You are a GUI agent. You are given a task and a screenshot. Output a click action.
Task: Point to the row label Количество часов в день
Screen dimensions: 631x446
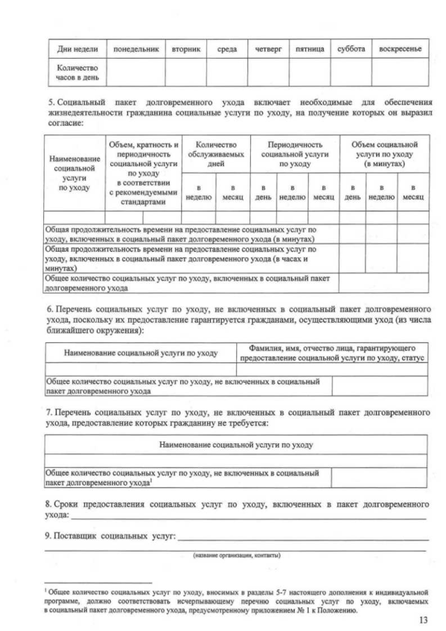(77, 73)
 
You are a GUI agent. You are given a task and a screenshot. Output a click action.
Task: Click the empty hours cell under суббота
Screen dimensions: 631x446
(351, 73)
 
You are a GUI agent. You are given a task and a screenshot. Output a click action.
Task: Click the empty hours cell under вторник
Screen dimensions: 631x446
(185, 73)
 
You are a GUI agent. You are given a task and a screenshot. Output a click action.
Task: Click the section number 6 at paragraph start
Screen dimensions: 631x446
(49, 309)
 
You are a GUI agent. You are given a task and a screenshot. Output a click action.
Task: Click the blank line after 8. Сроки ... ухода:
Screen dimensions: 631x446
(247, 516)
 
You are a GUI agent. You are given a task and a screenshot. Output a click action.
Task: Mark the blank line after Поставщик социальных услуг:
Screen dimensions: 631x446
(303, 537)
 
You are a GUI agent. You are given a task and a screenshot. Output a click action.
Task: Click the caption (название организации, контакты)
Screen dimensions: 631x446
(236, 555)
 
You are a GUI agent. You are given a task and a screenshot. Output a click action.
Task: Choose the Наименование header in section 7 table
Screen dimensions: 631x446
(236, 443)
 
